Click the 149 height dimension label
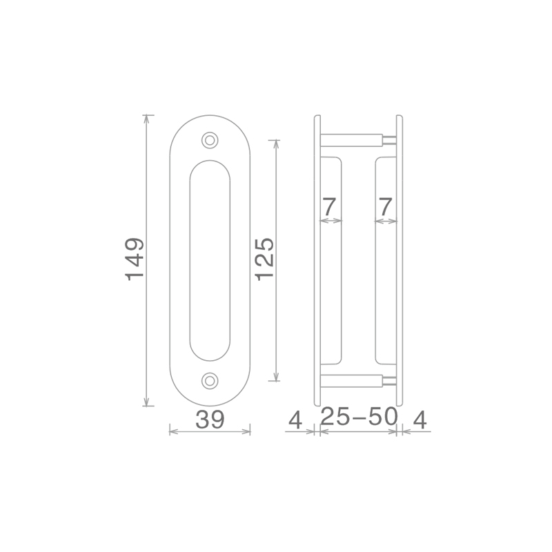(x=135, y=259)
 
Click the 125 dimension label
(x=265, y=259)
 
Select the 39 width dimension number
(x=210, y=420)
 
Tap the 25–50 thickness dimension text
(x=359, y=417)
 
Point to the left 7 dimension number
(x=330, y=207)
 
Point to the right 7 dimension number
(x=386, y=207)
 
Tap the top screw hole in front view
(x=210, y=141)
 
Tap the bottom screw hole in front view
(x=210, y=381)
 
